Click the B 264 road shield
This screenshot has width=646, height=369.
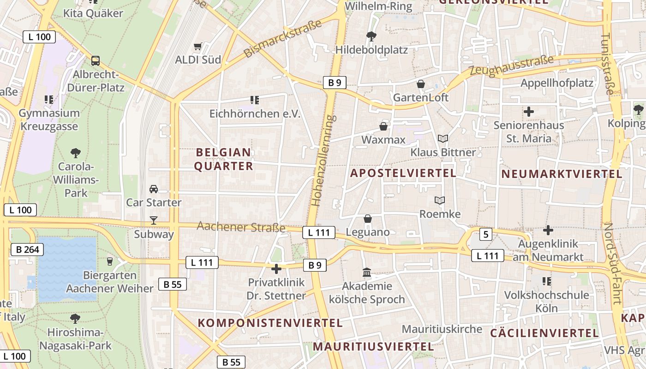(27, 250)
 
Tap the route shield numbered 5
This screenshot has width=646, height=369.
(485, 234)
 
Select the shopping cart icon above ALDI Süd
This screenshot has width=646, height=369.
(198, 46)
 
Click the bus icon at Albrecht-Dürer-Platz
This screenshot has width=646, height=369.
(96, 60)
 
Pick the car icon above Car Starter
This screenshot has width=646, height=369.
(154, 189)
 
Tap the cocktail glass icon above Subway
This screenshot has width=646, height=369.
(154, 220)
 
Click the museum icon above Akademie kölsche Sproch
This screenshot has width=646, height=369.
(367, 273)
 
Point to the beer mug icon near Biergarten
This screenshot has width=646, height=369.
(109, 262)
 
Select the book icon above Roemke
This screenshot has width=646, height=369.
(440, 200)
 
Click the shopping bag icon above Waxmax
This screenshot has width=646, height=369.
(383, 126)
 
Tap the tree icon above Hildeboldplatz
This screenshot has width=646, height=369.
(371, 36)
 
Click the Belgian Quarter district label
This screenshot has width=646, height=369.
(224, 159)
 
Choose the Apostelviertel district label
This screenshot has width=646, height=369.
(403, 173)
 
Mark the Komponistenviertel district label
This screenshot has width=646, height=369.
(270, 323)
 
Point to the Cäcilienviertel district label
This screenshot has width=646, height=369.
(544, 333)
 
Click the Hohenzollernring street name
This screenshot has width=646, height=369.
(323, 160)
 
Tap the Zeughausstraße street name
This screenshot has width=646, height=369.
(511, 66)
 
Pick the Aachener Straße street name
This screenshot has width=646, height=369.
(241, 226)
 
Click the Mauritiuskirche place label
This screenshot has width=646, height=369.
(442, 329)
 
